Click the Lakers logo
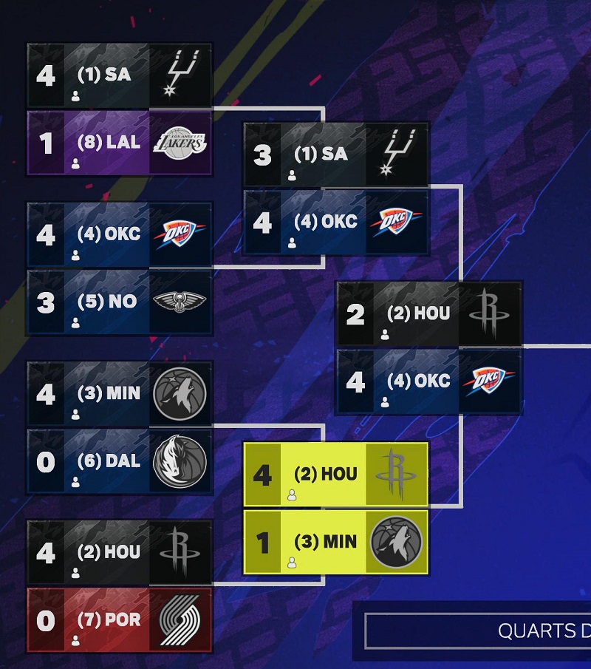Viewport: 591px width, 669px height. (x=180, y=143)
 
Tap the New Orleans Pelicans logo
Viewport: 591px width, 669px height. (x=180, y=302)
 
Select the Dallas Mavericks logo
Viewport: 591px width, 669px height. (x=180, y=461)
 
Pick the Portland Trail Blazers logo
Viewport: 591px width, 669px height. (x=180, y=620)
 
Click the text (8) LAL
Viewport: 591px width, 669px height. (x=109, y=143)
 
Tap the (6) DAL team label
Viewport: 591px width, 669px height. (x=109, y=461)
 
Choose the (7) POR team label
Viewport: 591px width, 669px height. (x=109, y=619)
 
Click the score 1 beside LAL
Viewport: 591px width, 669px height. (x=46, y=144)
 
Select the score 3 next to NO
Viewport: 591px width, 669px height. (x=46, y=302)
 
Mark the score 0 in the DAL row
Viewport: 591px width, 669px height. (x=46, y=462)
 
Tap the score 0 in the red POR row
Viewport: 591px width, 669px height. (x=46, y=621)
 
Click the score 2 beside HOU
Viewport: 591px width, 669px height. (x=355, y=315)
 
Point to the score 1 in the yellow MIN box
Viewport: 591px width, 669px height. (x=262, y=543)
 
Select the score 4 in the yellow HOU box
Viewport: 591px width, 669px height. (x=262, y=475)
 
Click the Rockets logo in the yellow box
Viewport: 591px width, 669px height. (x=396, y=475)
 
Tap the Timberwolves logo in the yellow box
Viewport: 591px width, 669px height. (x=396, y=543)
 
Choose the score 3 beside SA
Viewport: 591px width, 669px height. (x=262, y=155)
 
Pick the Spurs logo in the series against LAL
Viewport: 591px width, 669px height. (x=180, y=75)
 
